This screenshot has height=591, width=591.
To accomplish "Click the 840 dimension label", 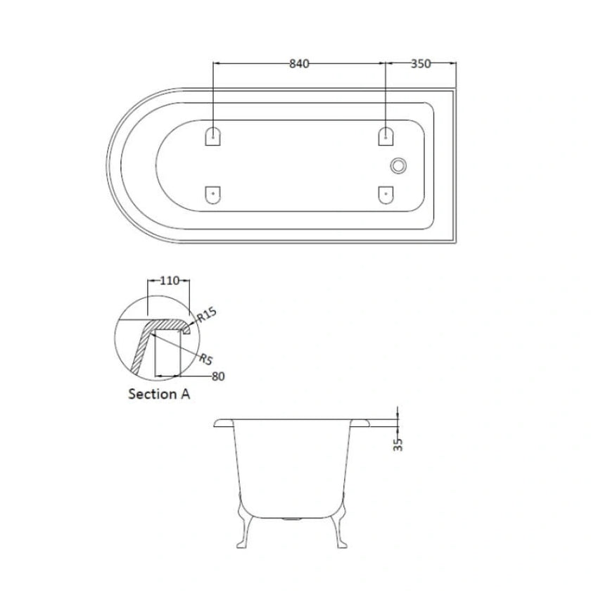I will (x=299, y=63).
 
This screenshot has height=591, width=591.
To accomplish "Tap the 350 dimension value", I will (x=420, y=63).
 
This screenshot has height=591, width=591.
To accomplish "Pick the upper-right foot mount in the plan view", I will (x=386, y=136).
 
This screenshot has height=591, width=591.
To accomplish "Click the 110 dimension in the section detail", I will (x=168, y=280).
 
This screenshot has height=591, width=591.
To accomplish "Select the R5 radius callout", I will (x=205, y=360).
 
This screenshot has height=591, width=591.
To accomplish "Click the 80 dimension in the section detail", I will (x=217, y=376).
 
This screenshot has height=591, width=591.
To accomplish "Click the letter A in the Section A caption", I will (x=184, y=394).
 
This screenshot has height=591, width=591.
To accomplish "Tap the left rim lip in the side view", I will (x=222, y=424).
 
